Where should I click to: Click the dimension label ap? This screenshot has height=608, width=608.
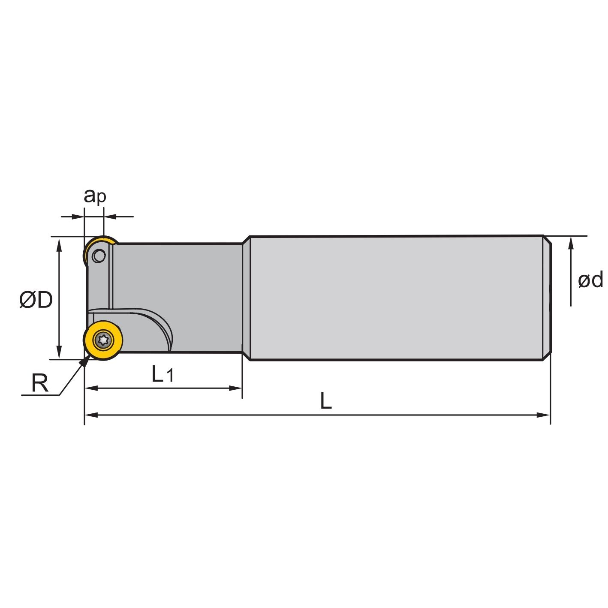click(x=95, y=197)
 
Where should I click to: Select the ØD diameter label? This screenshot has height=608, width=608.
click(x=36, y=300)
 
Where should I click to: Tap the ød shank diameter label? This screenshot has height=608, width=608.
click(x=590, y=280)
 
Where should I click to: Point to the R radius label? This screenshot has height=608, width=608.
click(x=40, y=383)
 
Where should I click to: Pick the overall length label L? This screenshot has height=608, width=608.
click(x=326, y=401)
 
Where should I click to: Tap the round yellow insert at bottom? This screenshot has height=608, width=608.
click(x=103, y=340)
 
